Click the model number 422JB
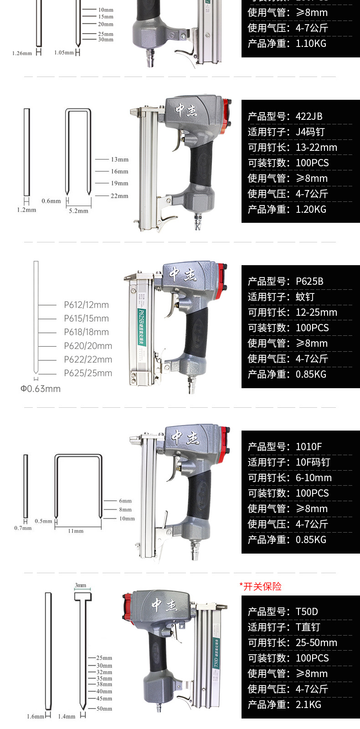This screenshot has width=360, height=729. [309, 117]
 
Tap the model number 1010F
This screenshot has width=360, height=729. [309, 447]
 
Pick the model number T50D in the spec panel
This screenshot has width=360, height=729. [307, 612]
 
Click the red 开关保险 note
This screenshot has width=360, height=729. [261, 586]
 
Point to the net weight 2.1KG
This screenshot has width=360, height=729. [309, 705]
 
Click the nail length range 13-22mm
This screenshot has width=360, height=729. [316, 148]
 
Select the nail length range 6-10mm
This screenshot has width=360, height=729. [314, 478]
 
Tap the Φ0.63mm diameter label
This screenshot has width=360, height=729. [40, 389]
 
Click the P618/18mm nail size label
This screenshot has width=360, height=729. [86, 332]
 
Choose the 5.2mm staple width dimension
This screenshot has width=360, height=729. [78, 211]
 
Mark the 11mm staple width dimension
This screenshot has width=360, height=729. [76, 531]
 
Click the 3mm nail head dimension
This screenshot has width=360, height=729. [81, 585]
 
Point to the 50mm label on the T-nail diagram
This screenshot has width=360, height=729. [104, 708]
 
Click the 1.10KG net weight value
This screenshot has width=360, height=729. [311, 44]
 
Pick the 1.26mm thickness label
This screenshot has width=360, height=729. [22, 53]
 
